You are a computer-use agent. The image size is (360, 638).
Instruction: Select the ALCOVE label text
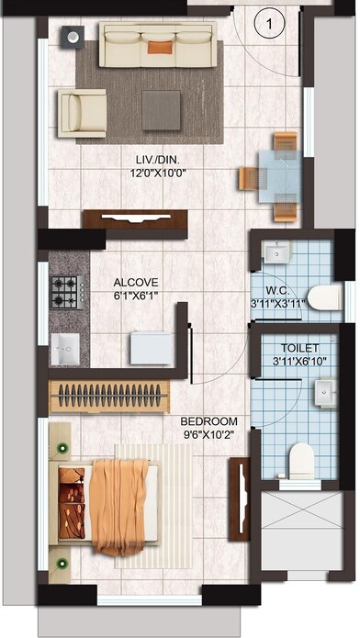[136, 282]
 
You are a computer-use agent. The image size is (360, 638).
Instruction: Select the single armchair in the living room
[83, 112]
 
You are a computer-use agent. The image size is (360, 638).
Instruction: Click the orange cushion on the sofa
[159, 46]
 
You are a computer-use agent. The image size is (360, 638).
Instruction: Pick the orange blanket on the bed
[119, 501]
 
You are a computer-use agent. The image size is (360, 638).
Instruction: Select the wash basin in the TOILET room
[325, 392]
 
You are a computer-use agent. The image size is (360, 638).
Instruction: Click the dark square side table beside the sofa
[72, 37]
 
